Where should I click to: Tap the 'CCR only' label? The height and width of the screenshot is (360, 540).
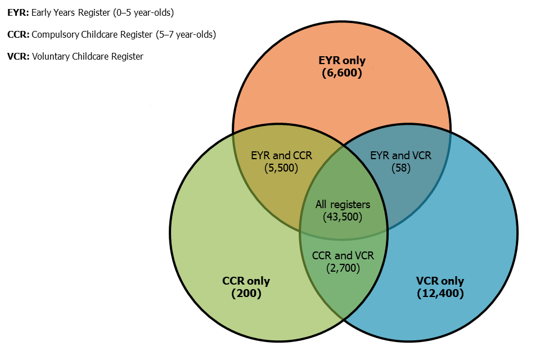[x=246, y=281]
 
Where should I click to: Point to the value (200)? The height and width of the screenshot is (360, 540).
[x=246, y=293]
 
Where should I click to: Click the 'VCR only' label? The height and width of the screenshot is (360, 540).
[x=440, y=281]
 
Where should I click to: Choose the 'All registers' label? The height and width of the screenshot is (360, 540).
[x=343, y=204]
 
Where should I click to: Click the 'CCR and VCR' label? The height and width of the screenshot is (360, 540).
[x=343, y=255]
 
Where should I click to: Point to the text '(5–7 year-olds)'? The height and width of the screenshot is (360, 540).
[x=185, y=34]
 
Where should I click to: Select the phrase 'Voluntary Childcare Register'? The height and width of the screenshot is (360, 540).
[x=88, y=56]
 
